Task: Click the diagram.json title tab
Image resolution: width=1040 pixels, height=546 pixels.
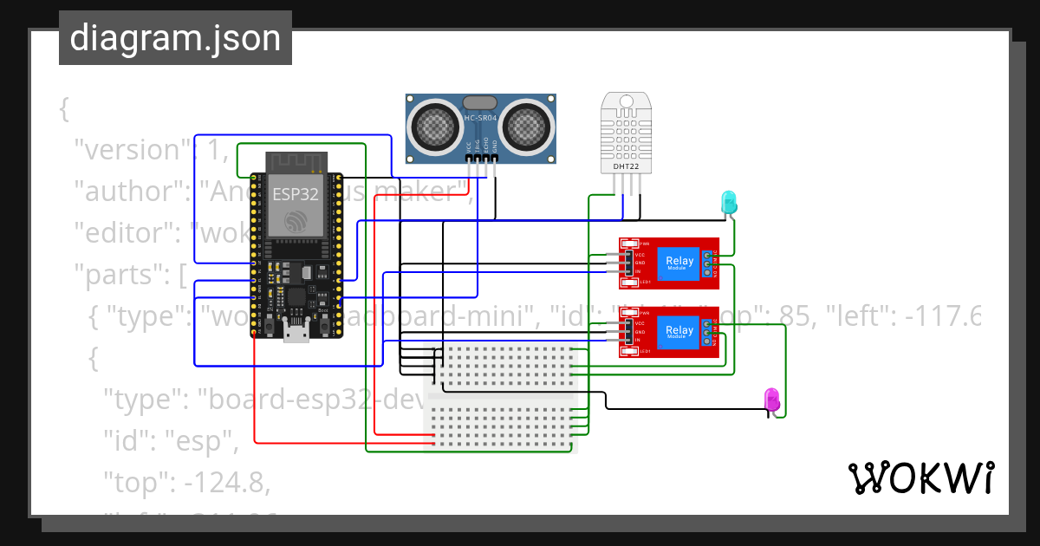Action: [x=175, y=38]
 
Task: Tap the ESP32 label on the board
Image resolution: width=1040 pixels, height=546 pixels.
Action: [x=295, y=193]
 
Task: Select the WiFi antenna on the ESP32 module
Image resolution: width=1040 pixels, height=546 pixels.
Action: [x=295, y=162]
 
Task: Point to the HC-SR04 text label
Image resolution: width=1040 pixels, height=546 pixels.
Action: [x=479, y=118]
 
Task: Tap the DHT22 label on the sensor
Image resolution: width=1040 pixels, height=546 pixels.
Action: [x=626, y=164]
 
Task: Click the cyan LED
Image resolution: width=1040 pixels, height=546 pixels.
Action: [x=730, y=202]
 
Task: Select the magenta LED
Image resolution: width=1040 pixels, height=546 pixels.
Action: [x=770, y=399]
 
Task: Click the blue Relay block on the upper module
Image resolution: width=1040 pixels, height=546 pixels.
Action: [x=679, y=263]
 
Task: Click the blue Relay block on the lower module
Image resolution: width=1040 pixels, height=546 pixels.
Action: [x=679, y=331]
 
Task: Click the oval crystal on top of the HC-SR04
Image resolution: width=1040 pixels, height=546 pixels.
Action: [x=479, y=102]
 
